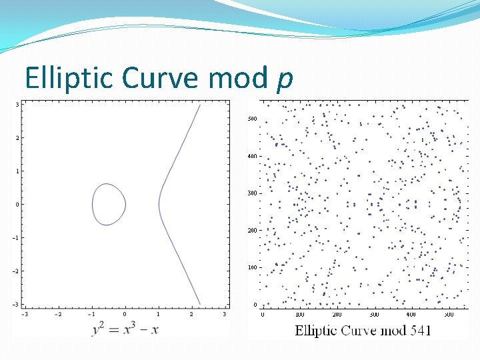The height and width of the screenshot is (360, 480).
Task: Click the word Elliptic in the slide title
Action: point(61,79)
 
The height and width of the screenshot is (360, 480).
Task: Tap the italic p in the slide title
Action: point(284,80)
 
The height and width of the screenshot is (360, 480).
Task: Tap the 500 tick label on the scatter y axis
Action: point(252,119)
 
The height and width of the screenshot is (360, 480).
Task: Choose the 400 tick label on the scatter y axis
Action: point(252,156)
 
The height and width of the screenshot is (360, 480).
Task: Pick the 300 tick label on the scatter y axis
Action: point(252,193)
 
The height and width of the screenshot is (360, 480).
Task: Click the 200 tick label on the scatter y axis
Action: point(252,231)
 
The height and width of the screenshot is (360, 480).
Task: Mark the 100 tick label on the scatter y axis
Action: point(252,267)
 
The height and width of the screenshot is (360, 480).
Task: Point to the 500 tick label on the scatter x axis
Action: point(447,314)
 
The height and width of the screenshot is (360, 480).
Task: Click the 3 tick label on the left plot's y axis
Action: point(17,105)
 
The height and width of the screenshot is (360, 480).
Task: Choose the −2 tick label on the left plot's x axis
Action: point(57,314)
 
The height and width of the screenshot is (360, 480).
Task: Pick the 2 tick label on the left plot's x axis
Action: point(191,314)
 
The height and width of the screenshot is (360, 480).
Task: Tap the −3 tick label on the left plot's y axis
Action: point(17,305)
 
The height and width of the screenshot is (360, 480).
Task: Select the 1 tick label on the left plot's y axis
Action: point(17,171)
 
